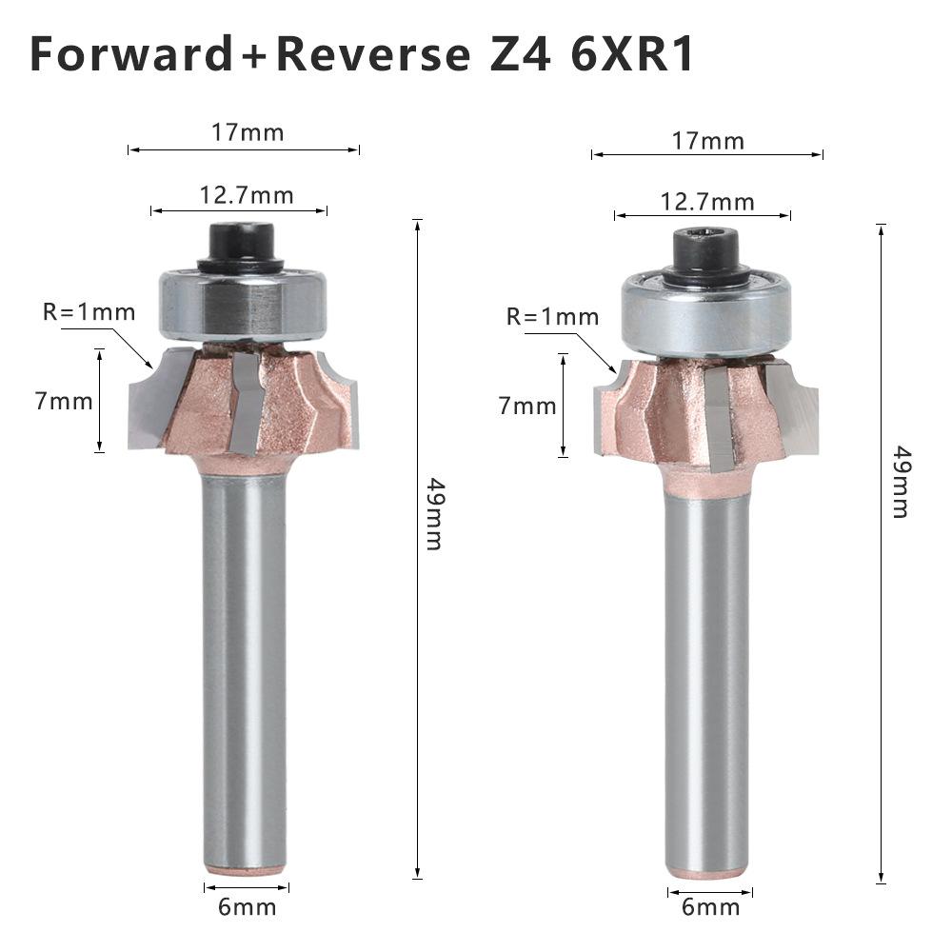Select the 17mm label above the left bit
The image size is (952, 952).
click(x=248, y=132)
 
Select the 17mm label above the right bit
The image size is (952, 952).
click(x=708, y=142)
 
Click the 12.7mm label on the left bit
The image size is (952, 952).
click(x=247, y=195)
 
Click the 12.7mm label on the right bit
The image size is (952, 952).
click(x=707, y=202)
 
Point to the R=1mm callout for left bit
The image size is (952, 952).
click(x=89, y=311)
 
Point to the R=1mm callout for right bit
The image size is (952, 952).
click(x=553, y=317)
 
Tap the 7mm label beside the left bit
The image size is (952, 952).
click(x=64, y=401)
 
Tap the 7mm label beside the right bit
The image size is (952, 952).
click(x=527, y=406)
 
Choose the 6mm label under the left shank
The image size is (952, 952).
click(x=247, y=907)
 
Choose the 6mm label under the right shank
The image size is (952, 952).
click(x=710, y=907)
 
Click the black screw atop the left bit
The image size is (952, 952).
click(x=241, y=244)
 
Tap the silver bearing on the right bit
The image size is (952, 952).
click(x=706, y=314)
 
